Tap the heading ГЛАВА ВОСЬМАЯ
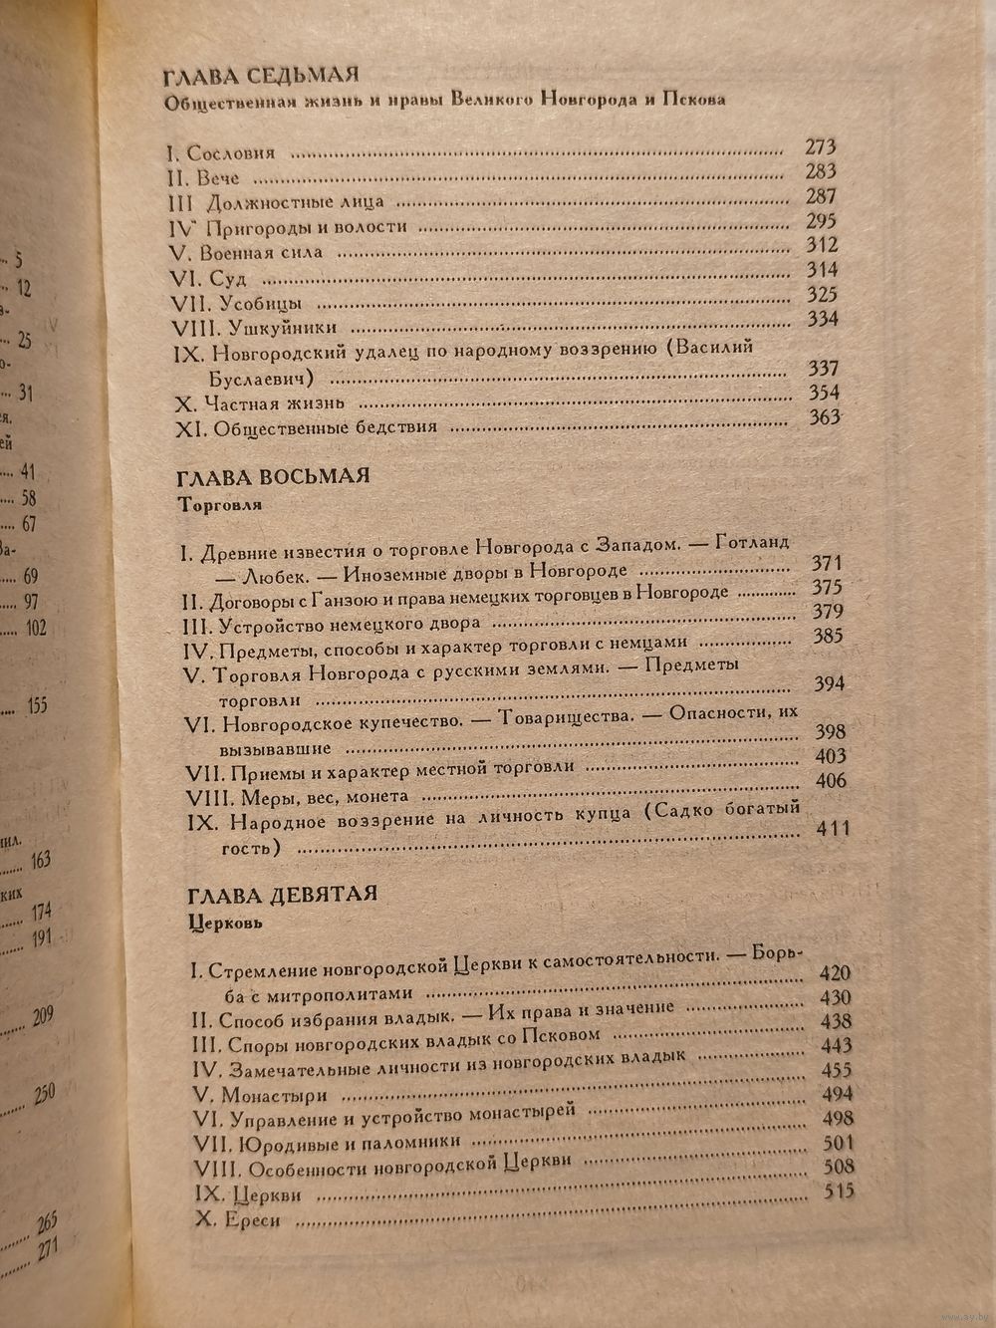click(x=273, y=476)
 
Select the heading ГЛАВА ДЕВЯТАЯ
click(x=282, y=894)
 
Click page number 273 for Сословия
click(x=821, y=146)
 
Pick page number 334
click(x=823, y=319)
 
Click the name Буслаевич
click(x=261, y=379)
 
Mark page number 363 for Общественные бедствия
click(x=825, y=417)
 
